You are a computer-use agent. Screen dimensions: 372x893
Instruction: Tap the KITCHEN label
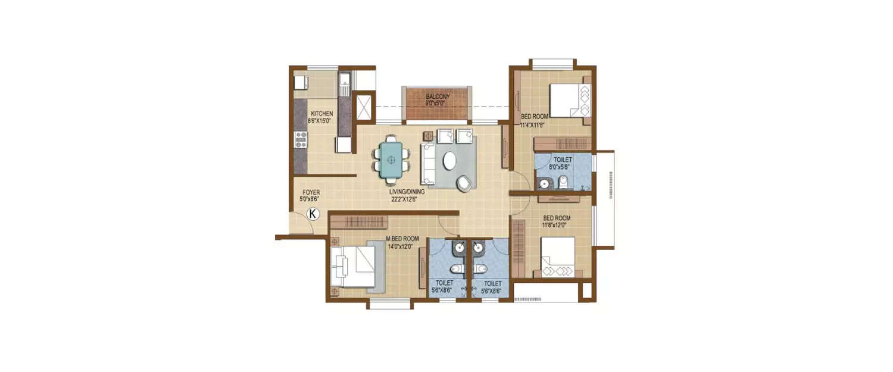[x=321, y=114]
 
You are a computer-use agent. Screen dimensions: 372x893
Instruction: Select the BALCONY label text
[x=438, y=96]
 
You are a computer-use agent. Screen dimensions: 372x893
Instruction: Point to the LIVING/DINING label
[x=404, y=192]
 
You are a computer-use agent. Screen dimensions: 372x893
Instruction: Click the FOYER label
[x=311, y=192]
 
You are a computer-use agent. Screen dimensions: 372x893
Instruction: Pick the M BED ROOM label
[x=402, y=239]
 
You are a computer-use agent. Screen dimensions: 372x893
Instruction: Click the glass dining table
[x=391, y=159]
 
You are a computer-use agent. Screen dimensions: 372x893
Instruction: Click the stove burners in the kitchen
[x=301, y=139]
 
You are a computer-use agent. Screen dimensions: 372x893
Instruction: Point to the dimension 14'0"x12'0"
[x=402, y=246]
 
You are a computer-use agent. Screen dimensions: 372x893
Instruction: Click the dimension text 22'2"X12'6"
[x=404, y=199]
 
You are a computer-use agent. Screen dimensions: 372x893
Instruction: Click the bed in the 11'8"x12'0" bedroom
[x=558, y=256]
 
